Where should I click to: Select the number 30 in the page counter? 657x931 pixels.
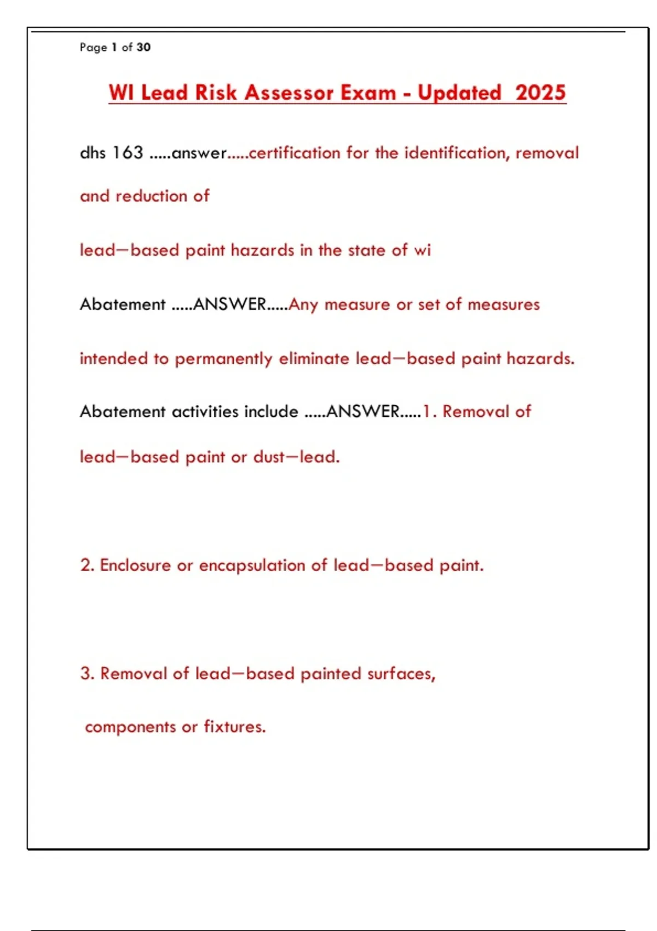(143, 47)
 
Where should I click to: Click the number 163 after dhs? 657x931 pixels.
(128, 152)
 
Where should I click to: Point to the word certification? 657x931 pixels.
(296, 152)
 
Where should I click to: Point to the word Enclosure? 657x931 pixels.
(135, 565)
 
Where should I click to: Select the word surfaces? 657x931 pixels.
(401, 673)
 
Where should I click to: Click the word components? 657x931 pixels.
(130, 727)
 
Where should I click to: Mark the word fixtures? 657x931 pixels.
(234, 726)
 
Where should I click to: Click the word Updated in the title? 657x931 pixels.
(459, 92)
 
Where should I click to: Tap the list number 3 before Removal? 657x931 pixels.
(86, 673)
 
